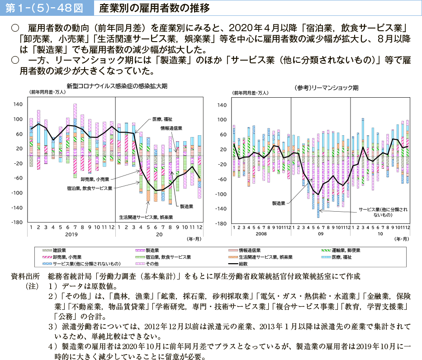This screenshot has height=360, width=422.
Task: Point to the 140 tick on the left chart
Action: click(x=18, y=104)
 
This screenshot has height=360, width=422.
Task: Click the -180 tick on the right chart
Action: click(x=222, y=223)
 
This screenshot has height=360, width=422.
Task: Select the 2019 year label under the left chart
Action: click(x=71, y=234)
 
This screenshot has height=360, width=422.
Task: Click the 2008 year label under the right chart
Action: click(x=261, y=234)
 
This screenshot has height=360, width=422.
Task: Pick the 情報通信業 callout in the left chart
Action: click(x=171, y=128)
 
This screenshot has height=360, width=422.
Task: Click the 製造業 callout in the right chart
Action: click(x=279, y=204)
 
